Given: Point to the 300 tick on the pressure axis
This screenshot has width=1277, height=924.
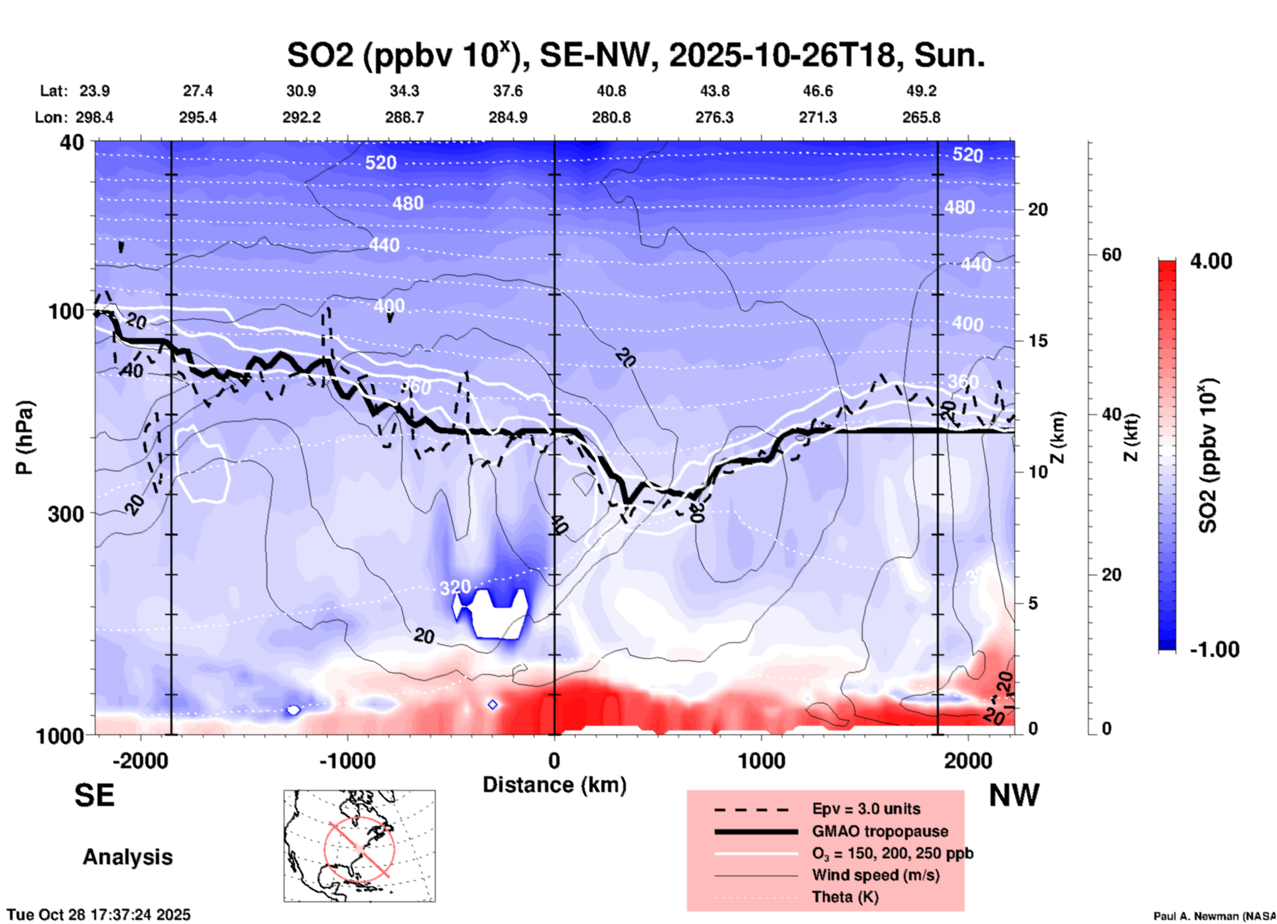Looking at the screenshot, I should (x=66, y=514).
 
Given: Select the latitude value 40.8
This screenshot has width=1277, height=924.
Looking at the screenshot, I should (x=611, y=91).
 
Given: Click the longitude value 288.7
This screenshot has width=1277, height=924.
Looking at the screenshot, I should (x=404, y=117).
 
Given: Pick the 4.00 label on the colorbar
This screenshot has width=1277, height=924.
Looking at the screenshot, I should (x=1211, y=261).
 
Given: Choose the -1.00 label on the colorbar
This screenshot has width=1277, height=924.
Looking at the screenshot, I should (x=1214, y=650).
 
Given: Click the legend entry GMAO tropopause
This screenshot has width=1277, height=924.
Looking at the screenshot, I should (x=880, y=831).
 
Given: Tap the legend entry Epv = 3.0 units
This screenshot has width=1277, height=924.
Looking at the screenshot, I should (x=866, y=809).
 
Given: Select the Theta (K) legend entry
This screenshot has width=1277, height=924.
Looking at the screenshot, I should (x=845, y=897).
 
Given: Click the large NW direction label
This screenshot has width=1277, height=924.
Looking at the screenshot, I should (x=1014, y=795).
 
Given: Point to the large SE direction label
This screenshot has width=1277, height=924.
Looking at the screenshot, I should (x=94, y=795).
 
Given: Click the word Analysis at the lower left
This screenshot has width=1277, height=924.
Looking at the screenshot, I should (x=127, y=857).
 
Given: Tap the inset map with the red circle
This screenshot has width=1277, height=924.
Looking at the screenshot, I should (x=359, y=846).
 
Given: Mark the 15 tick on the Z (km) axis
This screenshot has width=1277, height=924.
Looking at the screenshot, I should (x=1038, y=341).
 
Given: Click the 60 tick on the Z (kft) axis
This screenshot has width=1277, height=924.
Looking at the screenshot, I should (x=1111, y=255).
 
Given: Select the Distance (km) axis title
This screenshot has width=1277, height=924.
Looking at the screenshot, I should (x=554, y=785).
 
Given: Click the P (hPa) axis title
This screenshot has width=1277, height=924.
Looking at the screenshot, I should (x=25, y=437).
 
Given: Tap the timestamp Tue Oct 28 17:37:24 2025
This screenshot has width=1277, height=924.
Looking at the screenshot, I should (x=99, y=915).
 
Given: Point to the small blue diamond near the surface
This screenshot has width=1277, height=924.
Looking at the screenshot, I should (x=492, y=705).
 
